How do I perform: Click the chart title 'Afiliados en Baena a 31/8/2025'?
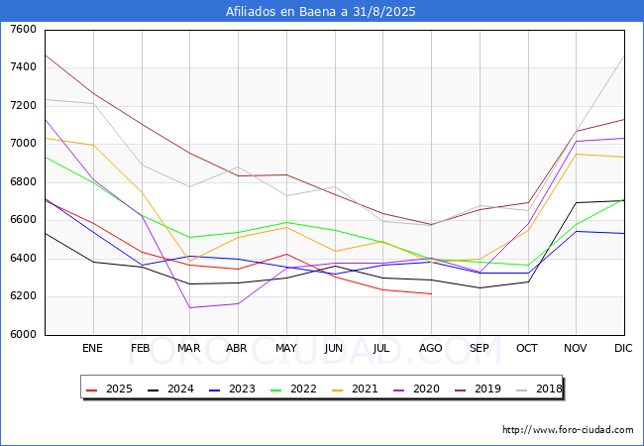pos(321,12)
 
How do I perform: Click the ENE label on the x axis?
pos(92,349)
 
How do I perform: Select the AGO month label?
pos(431,349)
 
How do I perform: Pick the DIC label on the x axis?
pos(623,349)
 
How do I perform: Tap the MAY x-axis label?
pos(285,349)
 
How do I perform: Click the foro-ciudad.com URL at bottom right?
pos(568,430)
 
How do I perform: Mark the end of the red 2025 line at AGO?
pos(431,294)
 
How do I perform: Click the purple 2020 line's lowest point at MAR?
pos(189,307)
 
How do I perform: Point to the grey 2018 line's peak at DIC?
pos(624,55)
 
